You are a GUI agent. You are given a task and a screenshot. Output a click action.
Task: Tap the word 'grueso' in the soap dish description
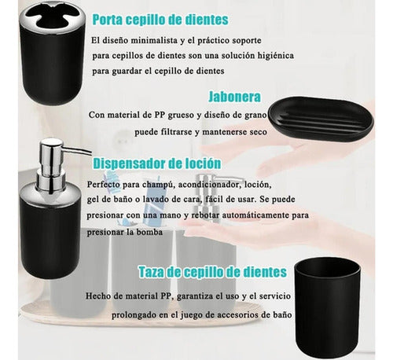coord(200,116)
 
